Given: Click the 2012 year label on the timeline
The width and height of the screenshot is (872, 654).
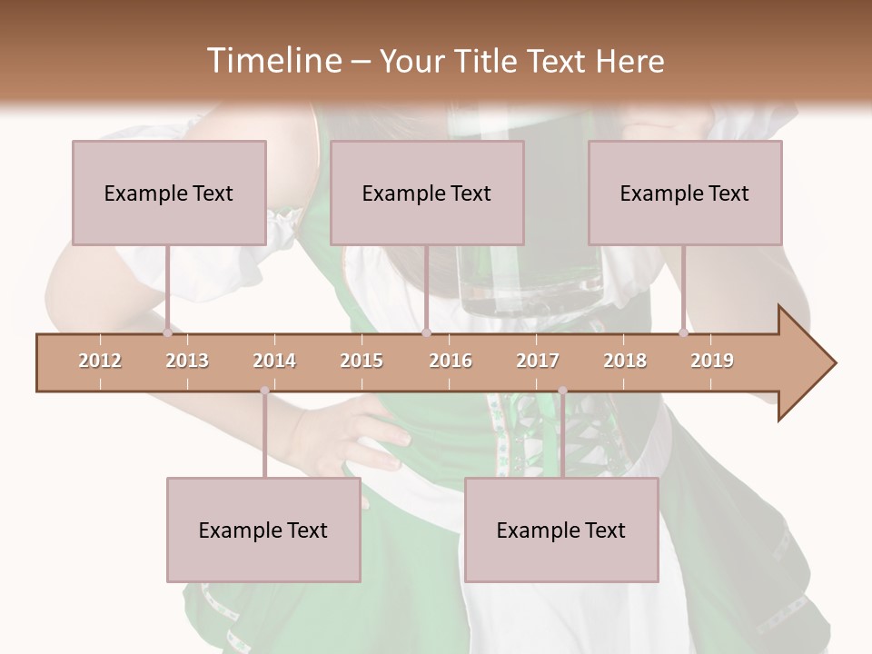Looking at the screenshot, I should pyautogui.click(x=100, y=361).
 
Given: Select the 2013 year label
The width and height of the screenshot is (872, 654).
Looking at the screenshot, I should pyautogui.click(x=187, y=361).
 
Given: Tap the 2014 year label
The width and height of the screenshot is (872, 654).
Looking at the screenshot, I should pyautogui.click(x=274, y=361).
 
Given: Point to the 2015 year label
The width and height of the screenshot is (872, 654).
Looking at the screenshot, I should pyautogui.click(x=362, y=361).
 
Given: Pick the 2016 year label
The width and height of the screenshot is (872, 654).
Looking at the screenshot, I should pyautogui.click(x=451, y=361).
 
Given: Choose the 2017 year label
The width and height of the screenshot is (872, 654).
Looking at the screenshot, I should pyautogui.click(x=538, y=361).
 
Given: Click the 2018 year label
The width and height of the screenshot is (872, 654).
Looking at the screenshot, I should pyautogui.click(x=625, y=361).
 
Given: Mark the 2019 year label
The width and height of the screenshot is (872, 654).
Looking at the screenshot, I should pyautogui.click(x=712, y=361).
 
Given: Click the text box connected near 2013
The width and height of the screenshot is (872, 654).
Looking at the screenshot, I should pyautogui.click(x=169, y=193).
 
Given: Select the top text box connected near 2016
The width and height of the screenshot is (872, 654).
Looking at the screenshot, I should pyautogui.click(x=427, y=193).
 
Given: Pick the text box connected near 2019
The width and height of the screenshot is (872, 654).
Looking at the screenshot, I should pyautogui.click(x=685, y=193).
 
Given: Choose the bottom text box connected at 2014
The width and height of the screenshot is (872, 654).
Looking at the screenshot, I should pyautogui.click(x=263, y=530).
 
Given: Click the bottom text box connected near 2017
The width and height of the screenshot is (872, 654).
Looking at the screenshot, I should pyautogui.click(x=561, y=530).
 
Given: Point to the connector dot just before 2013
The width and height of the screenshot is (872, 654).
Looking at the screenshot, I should pyautogui.click(x=167, y=333).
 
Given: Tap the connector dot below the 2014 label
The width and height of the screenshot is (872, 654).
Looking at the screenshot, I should pyautogui.click(x=264, y=391).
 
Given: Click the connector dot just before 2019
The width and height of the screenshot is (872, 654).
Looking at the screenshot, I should pyautogui.click(x=683, y=333).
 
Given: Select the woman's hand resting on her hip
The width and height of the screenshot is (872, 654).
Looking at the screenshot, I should pyautogui.click(x=354, y=436).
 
